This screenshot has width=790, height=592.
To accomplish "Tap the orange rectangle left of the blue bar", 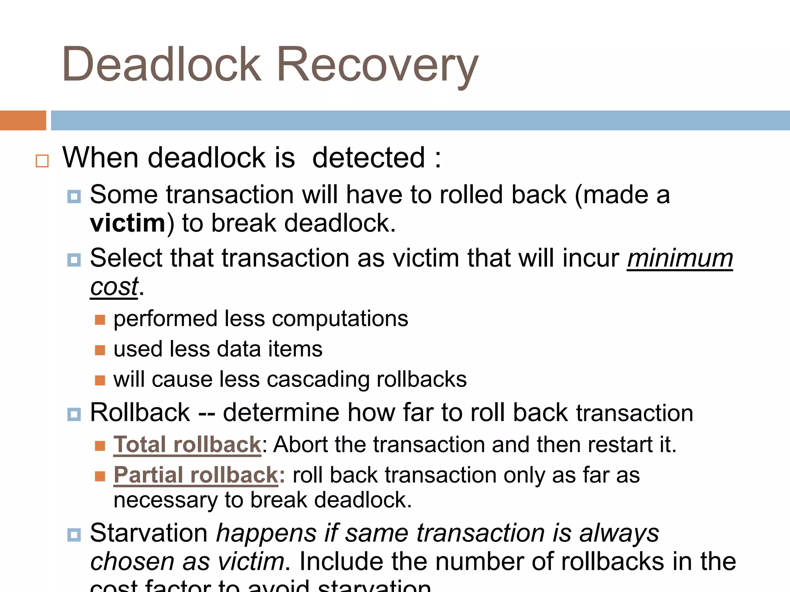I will (23, 120).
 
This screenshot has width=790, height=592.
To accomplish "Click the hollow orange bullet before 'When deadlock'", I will (42, 161).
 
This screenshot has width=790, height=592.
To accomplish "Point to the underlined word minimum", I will (680, 258).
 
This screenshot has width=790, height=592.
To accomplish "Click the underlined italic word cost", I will (114, 287).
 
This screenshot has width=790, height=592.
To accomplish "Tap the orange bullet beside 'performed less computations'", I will (100, 320).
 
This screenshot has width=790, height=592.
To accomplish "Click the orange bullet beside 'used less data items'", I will (100, 350).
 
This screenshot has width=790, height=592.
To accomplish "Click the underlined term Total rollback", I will (187, 444).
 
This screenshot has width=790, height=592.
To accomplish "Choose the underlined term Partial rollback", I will (196, 475).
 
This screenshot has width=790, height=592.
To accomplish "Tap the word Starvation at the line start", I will (149, 533).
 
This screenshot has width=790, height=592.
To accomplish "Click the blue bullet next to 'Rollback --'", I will (74, 414).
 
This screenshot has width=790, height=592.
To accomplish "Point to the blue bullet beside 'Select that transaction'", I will (74, 260).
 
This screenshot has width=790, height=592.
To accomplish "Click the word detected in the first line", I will (368, 158).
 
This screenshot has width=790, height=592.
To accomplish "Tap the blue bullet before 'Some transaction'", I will (74, 197).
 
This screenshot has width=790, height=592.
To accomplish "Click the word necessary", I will (166, 500).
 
